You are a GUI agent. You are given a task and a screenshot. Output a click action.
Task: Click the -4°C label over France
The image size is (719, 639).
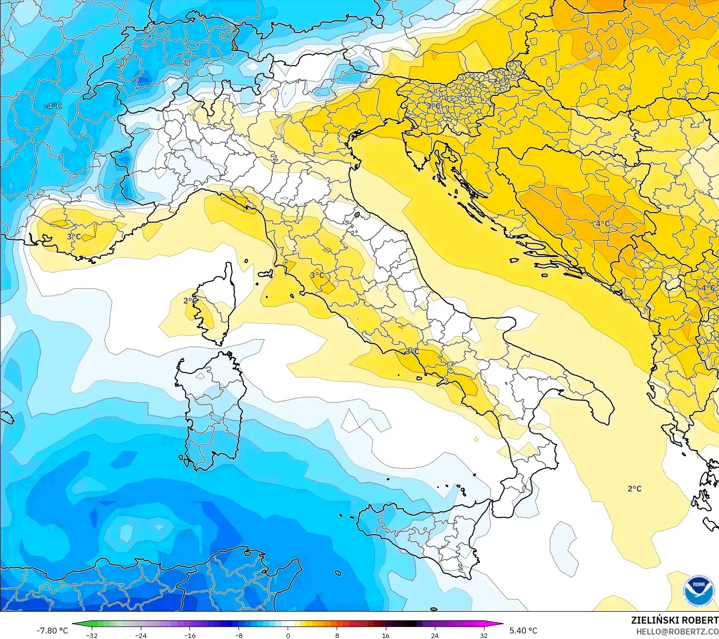point(53,106)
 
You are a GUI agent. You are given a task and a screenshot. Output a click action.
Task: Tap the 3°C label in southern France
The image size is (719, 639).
point(74,237)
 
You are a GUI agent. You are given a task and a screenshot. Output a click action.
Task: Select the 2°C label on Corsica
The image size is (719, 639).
point(190,301)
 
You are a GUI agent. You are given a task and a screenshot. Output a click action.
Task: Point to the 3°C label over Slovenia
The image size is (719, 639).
point(433,106)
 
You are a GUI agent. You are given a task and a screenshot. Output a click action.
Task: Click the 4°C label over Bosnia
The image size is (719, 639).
point(602,224)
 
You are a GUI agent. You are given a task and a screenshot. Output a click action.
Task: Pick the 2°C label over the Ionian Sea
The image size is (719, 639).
point(634,489)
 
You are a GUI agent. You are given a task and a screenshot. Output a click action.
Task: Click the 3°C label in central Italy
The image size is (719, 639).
point(317,275)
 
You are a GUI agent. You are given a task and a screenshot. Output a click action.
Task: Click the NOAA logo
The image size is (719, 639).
point(698,590)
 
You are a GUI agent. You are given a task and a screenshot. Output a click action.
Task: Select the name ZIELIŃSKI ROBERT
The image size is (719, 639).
point(674,620)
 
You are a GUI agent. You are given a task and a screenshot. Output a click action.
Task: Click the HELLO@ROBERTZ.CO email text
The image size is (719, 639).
point(677,632)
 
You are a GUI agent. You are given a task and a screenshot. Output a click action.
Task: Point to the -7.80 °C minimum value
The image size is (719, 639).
point(52,631)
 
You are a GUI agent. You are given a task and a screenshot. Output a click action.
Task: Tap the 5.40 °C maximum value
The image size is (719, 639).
point(523,631)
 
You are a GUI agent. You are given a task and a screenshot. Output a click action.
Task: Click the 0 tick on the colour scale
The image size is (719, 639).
point(288,636)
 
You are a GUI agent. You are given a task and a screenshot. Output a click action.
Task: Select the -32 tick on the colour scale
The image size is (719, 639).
point(91,636)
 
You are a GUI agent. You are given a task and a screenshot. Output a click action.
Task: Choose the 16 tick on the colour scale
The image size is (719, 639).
point(385,636)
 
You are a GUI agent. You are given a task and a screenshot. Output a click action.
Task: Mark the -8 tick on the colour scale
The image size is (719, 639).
point(239,636)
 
